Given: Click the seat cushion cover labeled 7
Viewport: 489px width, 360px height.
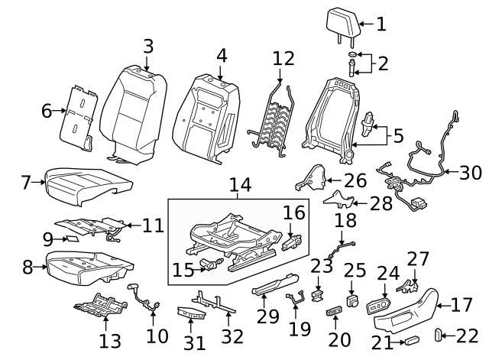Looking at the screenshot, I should (x=86, y=184).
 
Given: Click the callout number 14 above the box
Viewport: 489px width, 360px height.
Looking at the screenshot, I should (x=239, y=185).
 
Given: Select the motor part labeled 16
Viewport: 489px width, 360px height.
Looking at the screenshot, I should (x=292, y=243).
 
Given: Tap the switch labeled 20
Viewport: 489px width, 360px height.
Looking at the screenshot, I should (x=334, y=310).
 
